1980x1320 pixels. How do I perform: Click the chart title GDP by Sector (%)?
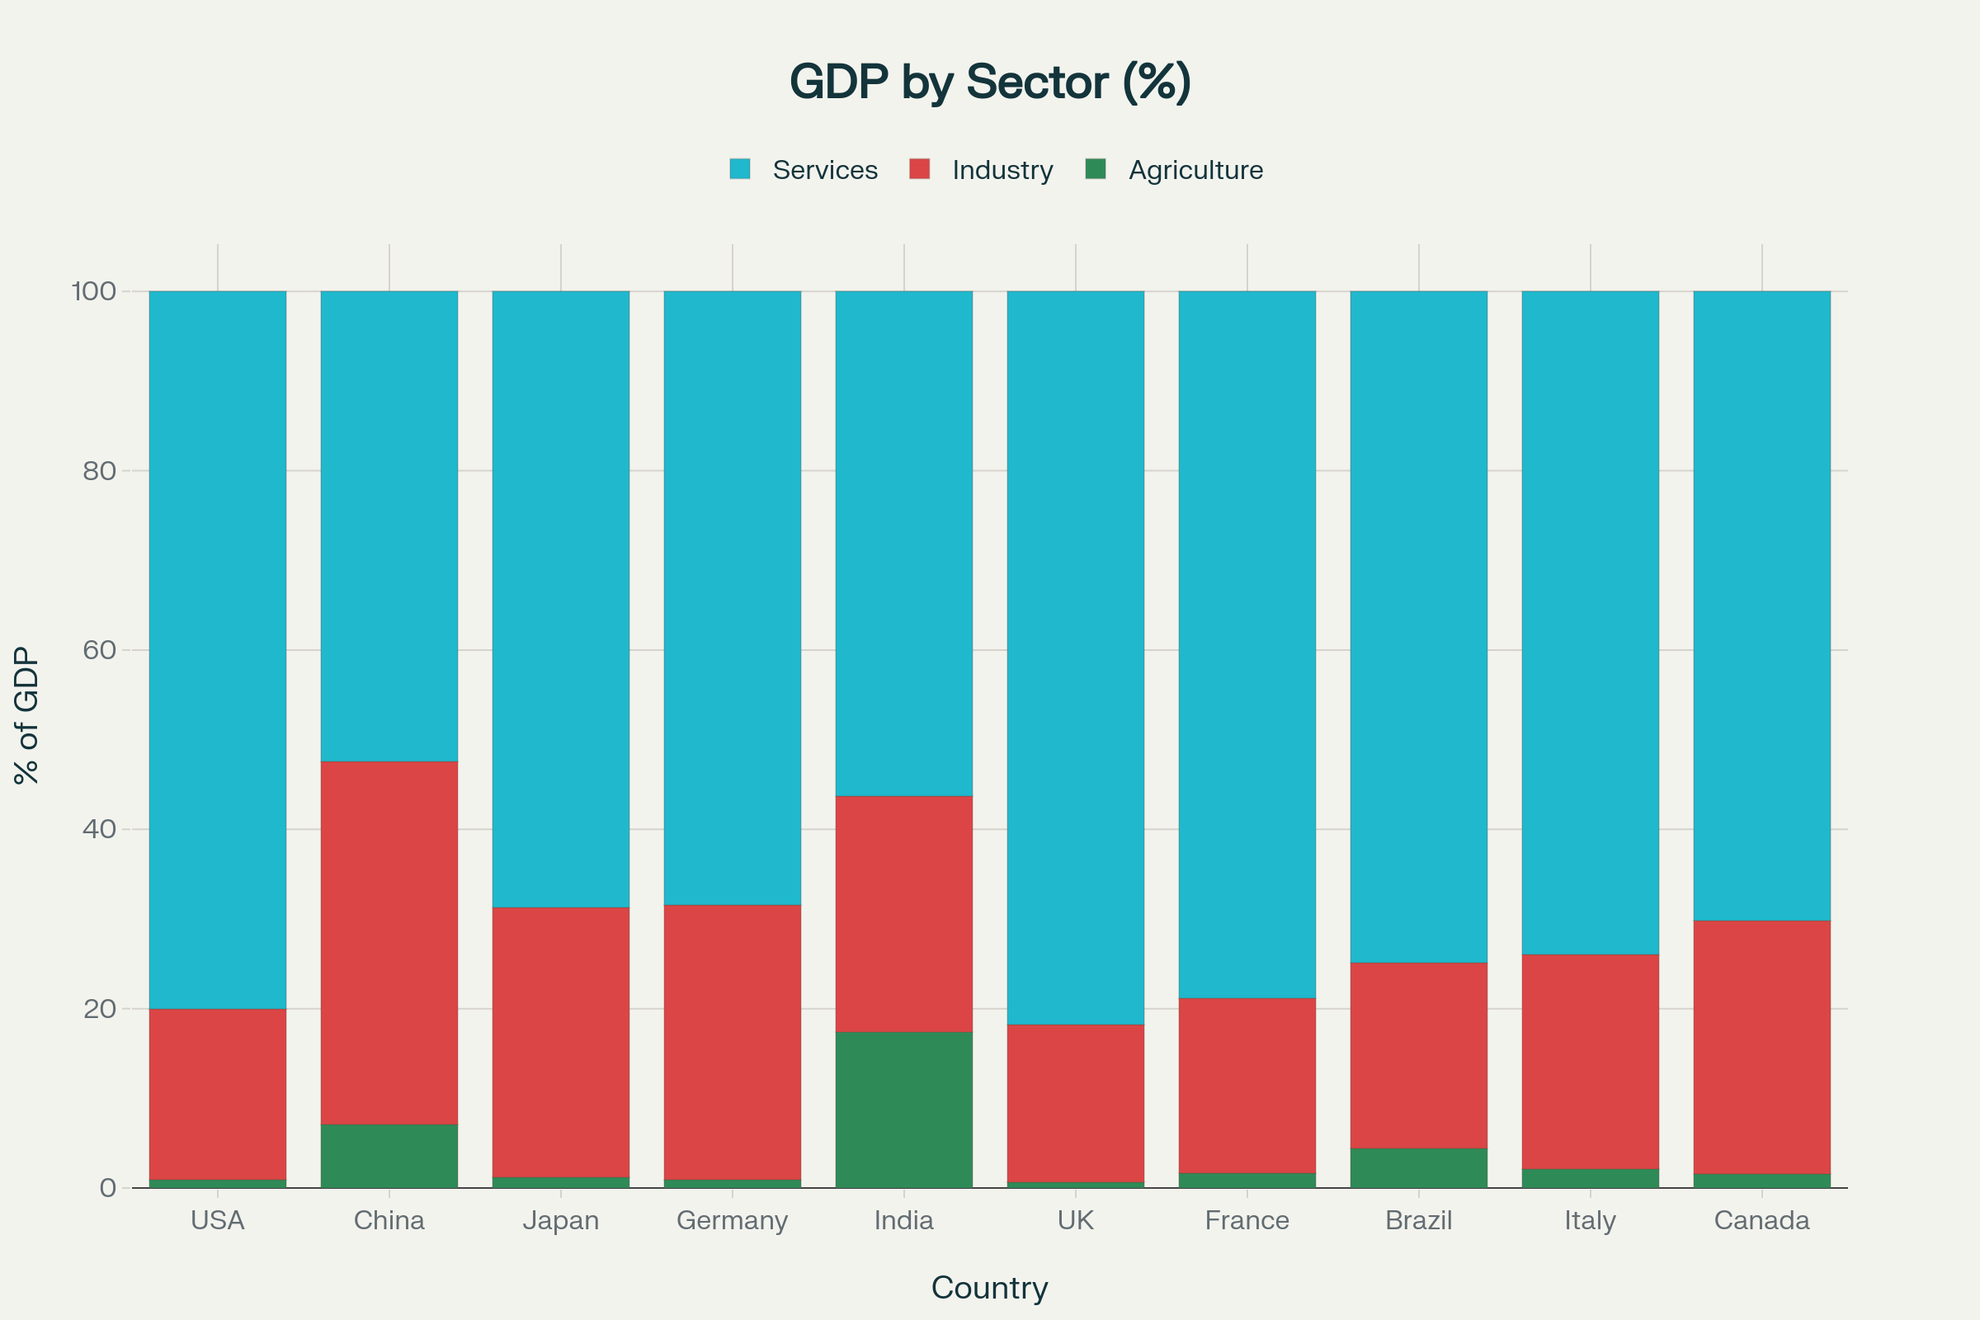(990, 82)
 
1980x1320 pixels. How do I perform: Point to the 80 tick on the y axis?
(99, 470)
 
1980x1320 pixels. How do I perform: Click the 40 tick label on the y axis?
(99, 829)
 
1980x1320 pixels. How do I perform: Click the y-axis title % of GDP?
(27, 715)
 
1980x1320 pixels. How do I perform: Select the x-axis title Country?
(990, 1287)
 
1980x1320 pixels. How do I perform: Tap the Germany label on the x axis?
(733, 1220)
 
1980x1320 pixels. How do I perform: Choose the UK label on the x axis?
(1075, 1220)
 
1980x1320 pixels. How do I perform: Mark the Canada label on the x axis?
(1762, 1220)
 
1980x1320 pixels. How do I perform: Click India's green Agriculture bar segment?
(904, 1110)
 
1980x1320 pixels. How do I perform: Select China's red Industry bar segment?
(389, 943)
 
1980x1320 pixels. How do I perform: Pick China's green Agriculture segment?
(389, 1156)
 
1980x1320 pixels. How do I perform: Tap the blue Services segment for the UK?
(1075, 657)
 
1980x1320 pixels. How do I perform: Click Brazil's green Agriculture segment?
(1418, 1167)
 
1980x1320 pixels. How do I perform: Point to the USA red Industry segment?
(218, 1095)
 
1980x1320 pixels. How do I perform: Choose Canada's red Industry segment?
(1762, 1047)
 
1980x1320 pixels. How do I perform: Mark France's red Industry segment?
(1247, 1085)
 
